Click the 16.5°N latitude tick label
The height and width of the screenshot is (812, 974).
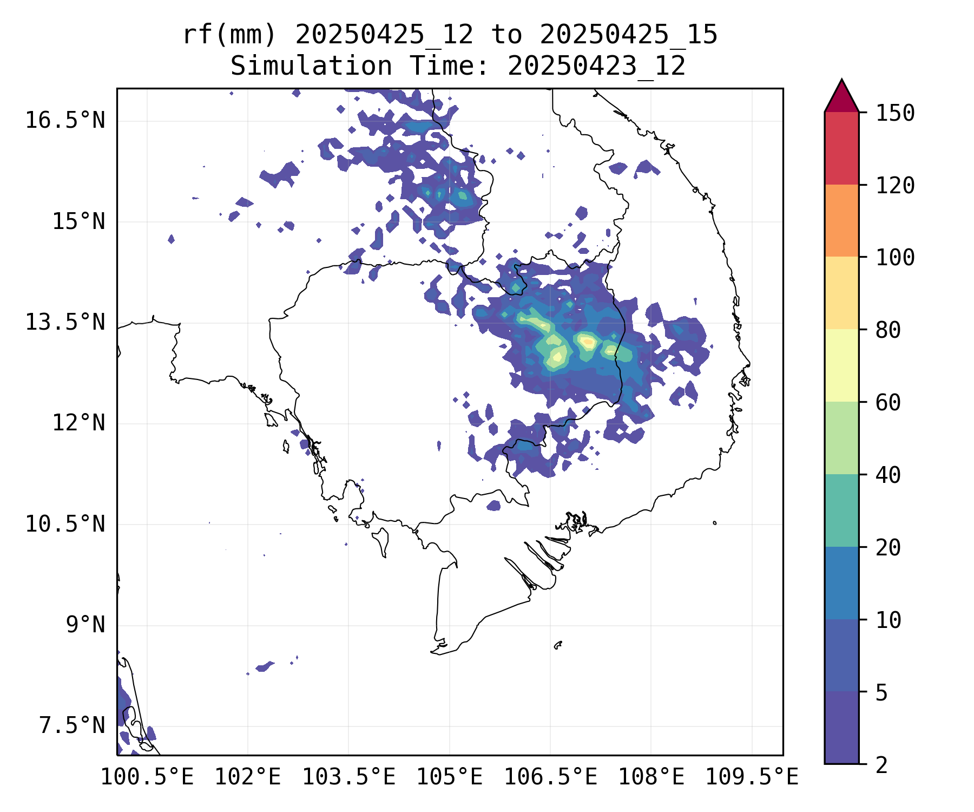65,120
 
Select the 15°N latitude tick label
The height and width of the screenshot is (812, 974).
78,221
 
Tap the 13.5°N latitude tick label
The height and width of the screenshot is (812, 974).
65,322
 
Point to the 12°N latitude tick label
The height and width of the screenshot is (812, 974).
78,423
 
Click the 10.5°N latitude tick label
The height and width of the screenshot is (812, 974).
65,524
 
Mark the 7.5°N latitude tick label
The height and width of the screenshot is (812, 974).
72,726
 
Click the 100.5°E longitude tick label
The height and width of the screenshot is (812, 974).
147,777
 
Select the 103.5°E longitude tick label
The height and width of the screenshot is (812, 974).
348,777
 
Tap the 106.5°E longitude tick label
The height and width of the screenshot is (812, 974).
550,777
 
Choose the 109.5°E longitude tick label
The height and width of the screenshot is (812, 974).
752,777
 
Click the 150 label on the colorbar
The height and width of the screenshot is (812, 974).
895,113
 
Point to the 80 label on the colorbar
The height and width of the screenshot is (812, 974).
888,330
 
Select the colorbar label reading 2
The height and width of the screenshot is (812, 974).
881,765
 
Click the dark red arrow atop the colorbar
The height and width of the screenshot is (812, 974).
841,98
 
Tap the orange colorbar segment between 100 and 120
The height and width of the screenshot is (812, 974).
841,220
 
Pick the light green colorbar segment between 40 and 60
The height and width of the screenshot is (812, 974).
841,437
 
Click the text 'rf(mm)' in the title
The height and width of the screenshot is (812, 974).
229,35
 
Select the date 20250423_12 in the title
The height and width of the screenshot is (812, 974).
596,67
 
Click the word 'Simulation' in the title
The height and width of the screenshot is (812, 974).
311,67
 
